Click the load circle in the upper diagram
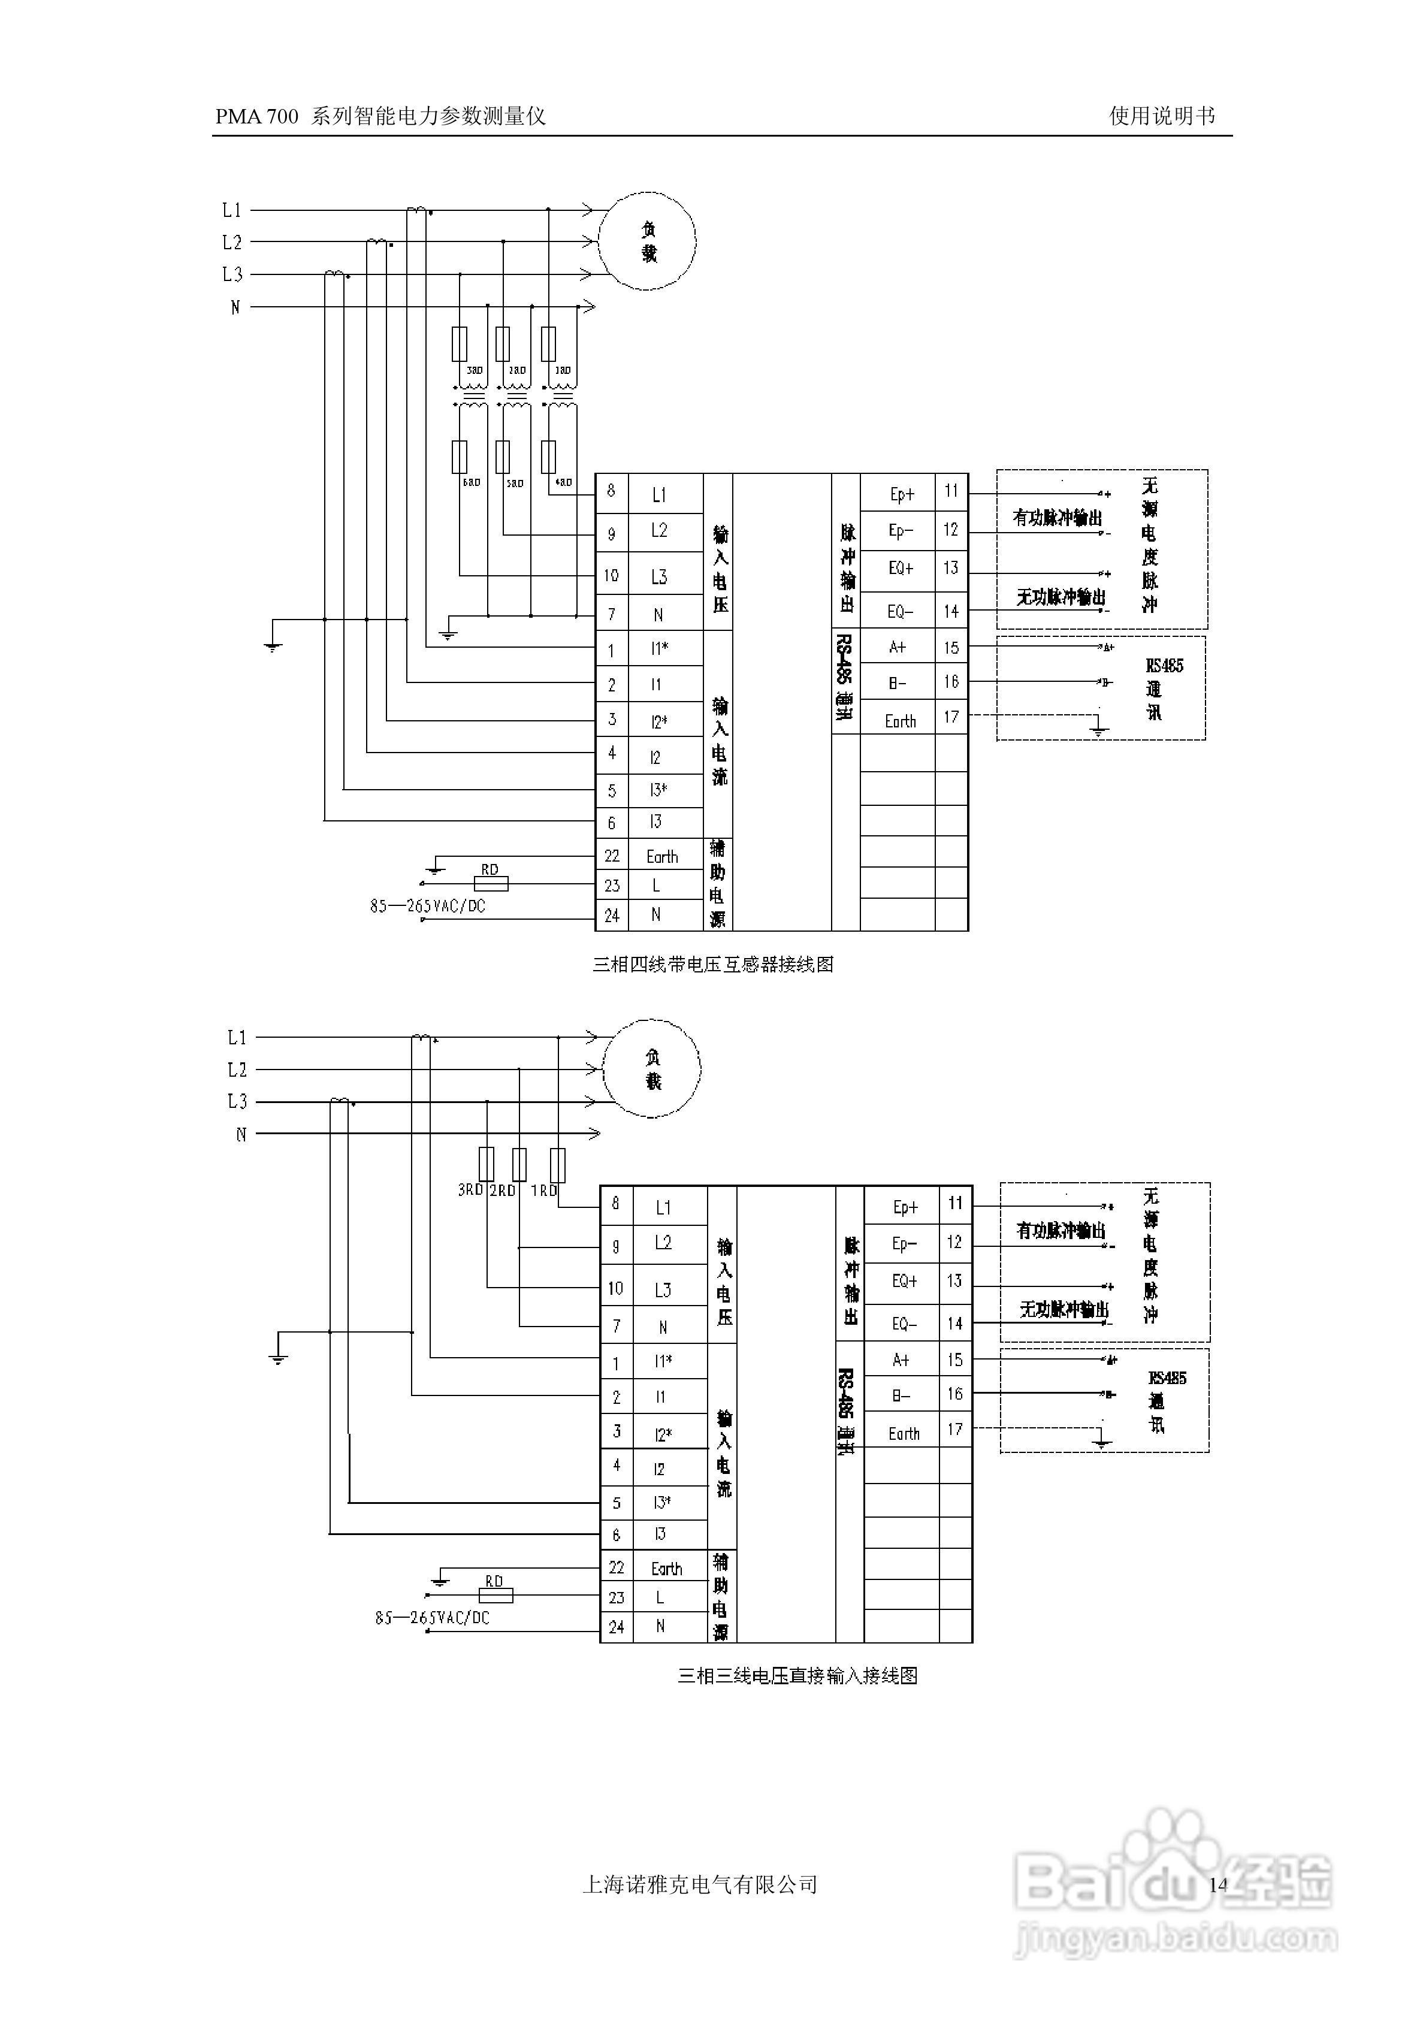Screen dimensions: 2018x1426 [x=648, y=241]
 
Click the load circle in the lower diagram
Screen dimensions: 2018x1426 [x=652, y=1069]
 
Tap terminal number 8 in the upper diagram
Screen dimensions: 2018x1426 [x=612, y=491]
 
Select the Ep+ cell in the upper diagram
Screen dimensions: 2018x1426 [x=901, y=494]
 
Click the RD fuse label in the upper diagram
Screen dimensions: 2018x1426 [x=490, y=869]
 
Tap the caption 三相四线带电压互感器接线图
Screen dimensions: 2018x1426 [x=713, y=964]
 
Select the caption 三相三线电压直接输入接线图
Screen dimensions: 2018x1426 [x=797, y=1676]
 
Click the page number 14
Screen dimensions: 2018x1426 [x=1217, y=1884]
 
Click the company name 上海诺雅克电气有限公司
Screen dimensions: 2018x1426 [x=700, y=1884]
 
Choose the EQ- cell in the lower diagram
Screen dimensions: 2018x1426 [x=905, y=1324]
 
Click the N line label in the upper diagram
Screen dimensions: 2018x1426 [x=235, y=307]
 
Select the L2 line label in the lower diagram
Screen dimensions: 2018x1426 [x=237, y=1070]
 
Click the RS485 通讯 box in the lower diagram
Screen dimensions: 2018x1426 [x=1104, y=1401]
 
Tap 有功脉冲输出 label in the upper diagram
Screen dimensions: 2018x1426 [x=1058, y=518]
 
